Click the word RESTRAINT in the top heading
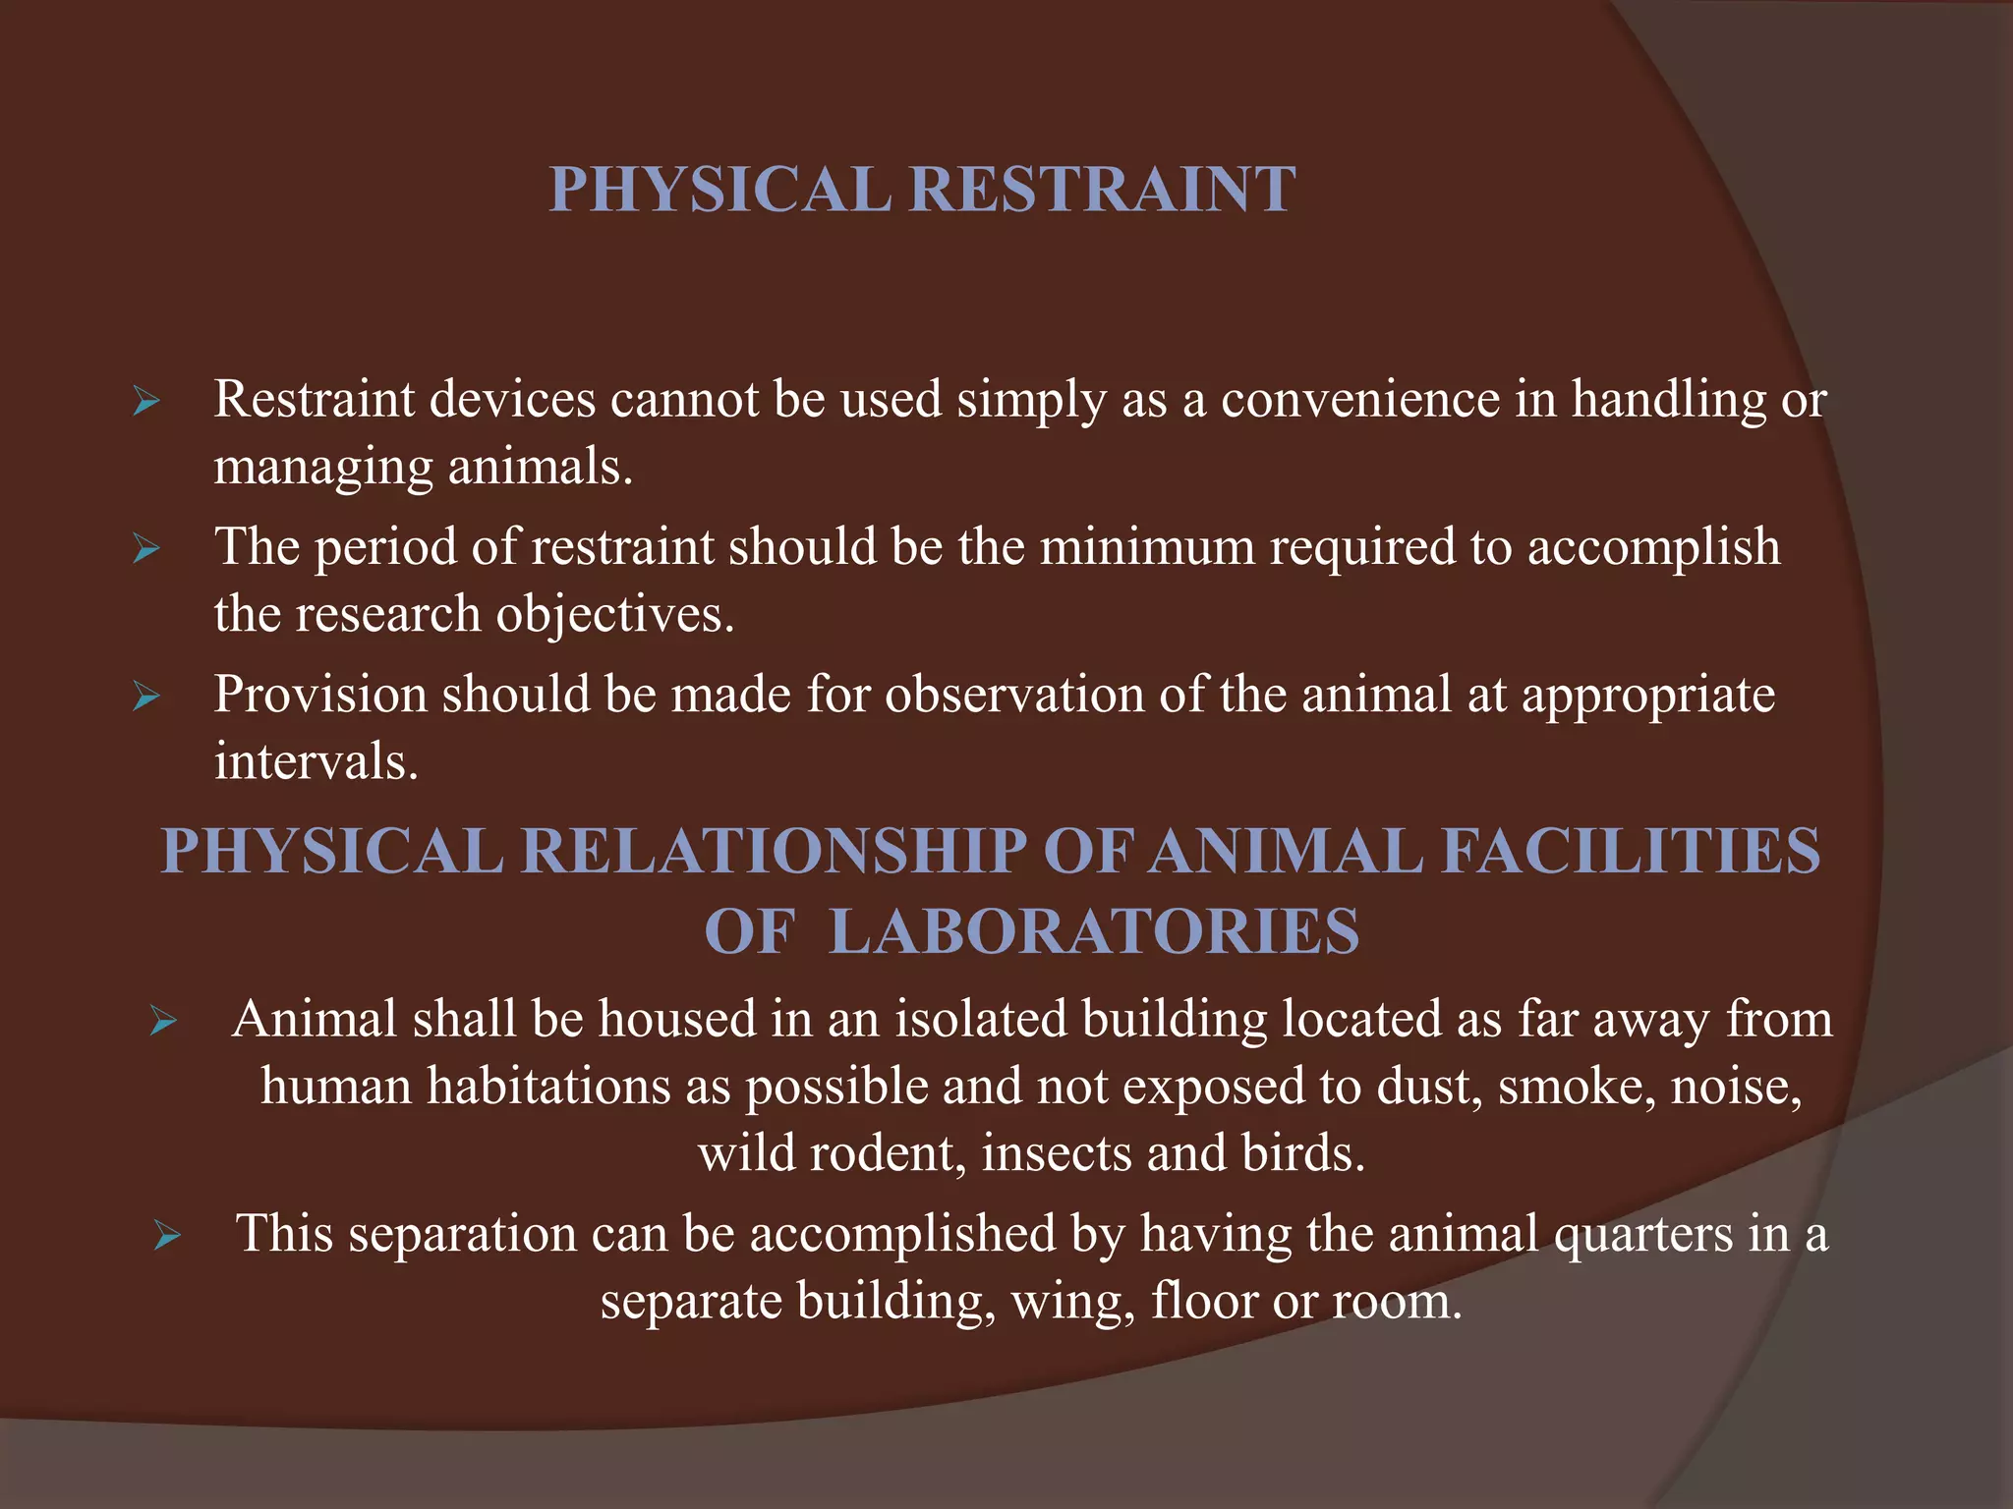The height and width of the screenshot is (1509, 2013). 1102,189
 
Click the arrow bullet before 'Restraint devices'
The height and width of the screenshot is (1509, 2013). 146,402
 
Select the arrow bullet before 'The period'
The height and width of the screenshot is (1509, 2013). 146,549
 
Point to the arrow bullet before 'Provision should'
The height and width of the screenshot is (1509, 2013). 146,698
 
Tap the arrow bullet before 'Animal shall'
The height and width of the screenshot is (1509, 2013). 163,1022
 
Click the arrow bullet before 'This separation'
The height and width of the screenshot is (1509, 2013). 167,1236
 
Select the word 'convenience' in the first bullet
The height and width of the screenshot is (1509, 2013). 1360,400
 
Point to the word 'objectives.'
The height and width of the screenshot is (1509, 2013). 615,615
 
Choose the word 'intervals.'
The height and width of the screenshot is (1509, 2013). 316,761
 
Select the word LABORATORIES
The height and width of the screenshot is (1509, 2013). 1094,931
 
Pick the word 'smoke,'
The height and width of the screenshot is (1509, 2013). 1577,1087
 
